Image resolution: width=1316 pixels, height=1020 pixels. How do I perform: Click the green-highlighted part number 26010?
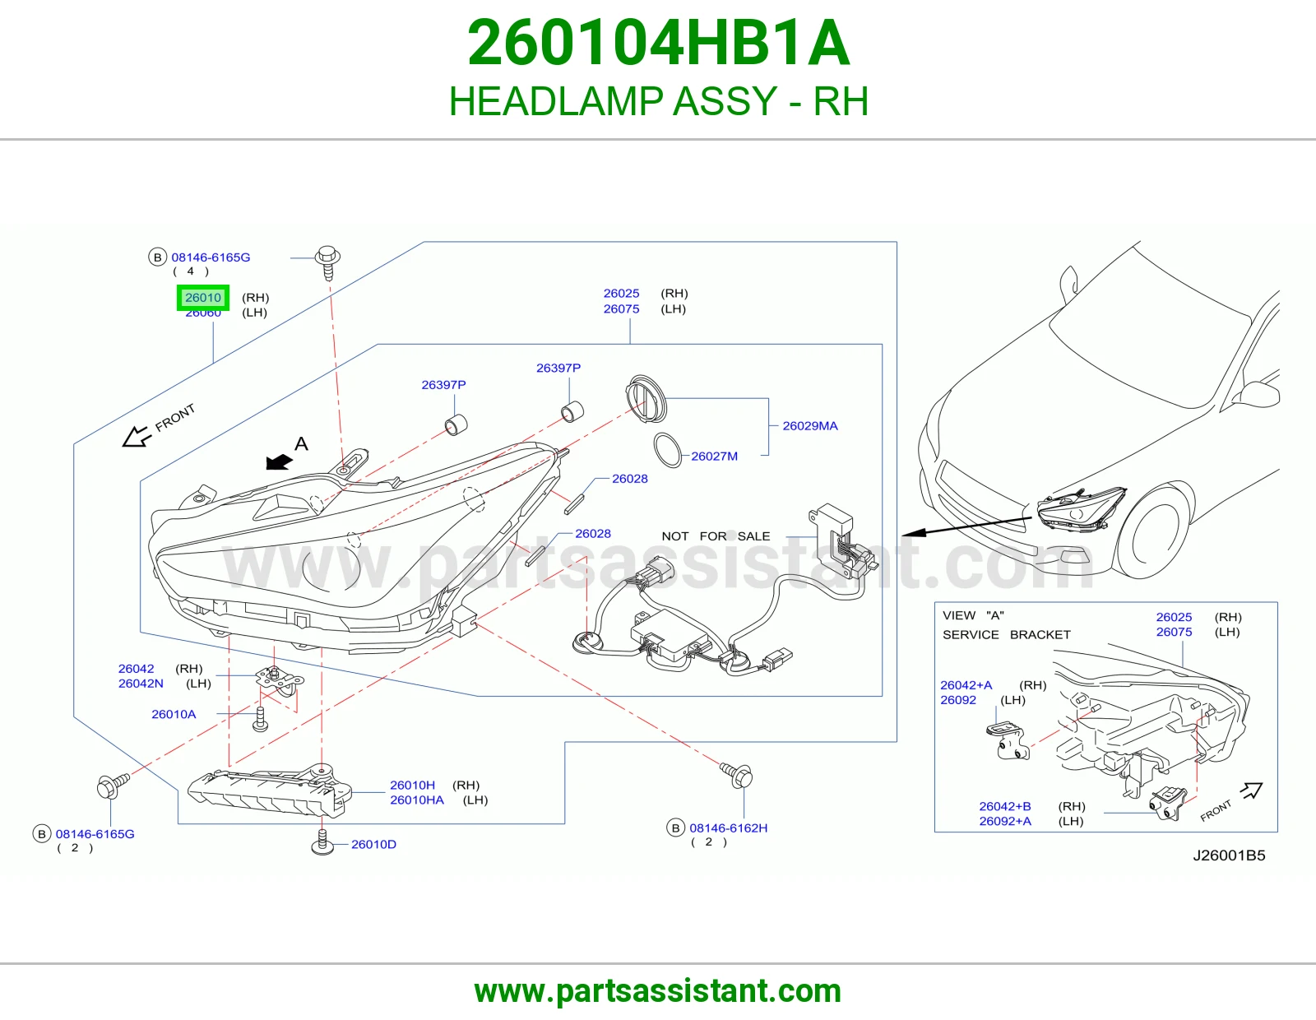coord(203,298)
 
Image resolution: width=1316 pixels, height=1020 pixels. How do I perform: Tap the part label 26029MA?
coord(809,426)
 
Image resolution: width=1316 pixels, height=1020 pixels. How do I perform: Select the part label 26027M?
coord(714,456)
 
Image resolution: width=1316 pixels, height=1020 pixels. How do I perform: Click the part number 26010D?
coord(373,844)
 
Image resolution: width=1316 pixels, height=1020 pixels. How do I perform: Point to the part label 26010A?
coord(174,714)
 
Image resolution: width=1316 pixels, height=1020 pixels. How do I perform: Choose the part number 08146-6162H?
coord(728,828)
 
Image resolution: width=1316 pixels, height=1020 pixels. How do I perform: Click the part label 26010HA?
coord(417,800)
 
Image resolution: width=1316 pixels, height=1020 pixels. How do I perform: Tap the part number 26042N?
coord(141,684)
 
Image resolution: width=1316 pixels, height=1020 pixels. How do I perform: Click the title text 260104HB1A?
coord(658,43)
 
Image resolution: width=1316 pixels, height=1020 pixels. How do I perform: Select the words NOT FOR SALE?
coord(716,536)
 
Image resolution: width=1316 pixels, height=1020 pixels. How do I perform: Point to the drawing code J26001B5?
coord(1229,855)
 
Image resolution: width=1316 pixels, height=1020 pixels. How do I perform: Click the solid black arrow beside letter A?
coord(279,461)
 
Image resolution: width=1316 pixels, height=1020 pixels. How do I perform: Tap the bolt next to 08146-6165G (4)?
coord(327,262)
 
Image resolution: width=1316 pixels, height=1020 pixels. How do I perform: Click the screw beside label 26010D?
coord(322,842)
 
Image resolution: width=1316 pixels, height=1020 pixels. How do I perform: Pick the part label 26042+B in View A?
coord(1005,806)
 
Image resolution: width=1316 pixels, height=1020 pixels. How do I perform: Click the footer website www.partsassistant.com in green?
coord(658,991)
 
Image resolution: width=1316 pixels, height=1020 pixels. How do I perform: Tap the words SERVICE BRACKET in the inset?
coord(1006,635)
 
